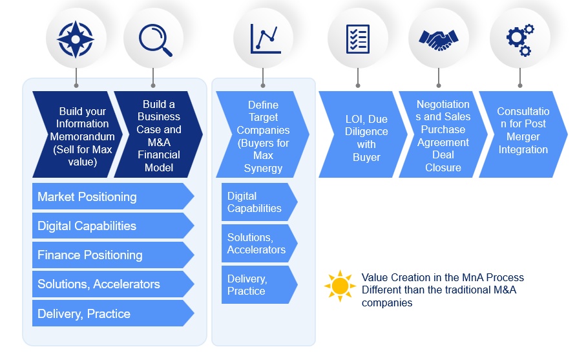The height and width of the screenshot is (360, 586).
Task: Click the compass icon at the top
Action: coord(76,39)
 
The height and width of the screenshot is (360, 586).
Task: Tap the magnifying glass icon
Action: coord(154,39)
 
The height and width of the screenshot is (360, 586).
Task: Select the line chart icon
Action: coord(264,39)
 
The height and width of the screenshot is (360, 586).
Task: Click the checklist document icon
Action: coord(357,39)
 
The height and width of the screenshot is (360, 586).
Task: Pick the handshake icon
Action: coord(439,39)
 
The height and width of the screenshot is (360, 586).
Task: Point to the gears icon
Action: coord(519,39)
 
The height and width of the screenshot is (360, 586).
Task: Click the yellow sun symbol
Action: coord(340,286)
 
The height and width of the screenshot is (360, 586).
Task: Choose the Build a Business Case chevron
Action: coord(158,134)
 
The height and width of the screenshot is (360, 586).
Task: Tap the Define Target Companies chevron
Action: coord(262,134)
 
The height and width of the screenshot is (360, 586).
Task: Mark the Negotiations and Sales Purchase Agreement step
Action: coord(443,134)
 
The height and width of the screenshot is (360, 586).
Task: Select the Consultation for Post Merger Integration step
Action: coord(523,134)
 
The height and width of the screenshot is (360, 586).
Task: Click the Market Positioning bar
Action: coord(110,196)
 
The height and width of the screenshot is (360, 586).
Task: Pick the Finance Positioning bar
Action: coord(110,255)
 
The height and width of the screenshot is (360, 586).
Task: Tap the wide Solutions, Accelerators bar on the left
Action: coord(110,284)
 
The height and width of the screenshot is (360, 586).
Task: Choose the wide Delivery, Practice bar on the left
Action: coord(110,313)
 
